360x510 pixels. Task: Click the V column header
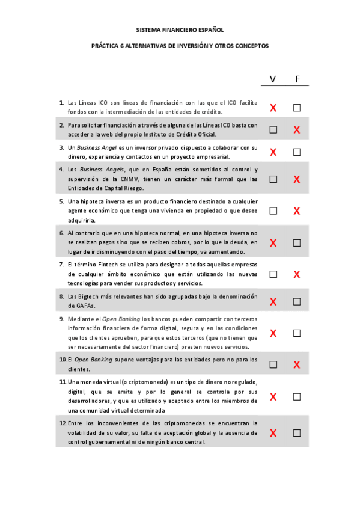273,79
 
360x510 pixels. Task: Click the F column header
297,79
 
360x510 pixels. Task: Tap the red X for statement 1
273,108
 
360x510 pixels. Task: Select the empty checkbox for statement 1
297,108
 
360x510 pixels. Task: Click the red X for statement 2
297,130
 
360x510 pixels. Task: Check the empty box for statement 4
273,179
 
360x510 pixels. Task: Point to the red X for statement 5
297,211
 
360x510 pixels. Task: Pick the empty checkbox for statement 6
297,243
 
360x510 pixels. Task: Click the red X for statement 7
297,275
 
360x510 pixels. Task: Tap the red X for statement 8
273,301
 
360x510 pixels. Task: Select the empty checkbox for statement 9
297,333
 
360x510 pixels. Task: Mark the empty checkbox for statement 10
273,364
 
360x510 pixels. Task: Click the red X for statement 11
273,397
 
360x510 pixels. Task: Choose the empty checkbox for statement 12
297,433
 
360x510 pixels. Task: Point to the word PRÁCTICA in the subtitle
105,45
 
